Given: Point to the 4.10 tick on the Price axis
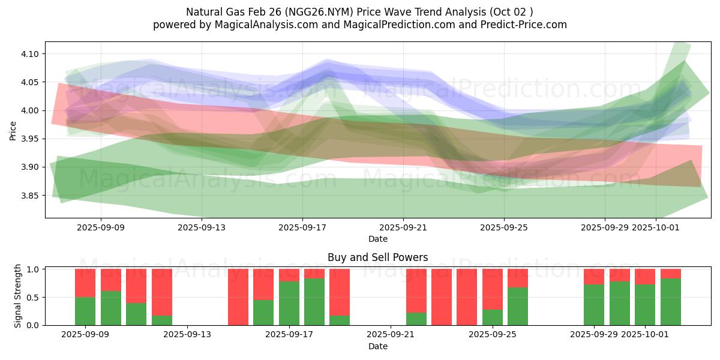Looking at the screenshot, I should pyautogui.click(x=30, y=54).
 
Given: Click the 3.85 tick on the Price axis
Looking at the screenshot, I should pyautogui.click(x=30, y=196).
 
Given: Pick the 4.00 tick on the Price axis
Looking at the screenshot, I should pyautogui.click(x=30, y=110).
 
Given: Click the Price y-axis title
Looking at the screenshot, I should pyautogui.click(x=13, y=130).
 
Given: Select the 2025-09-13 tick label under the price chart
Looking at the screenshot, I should pyautogui.click(x=202, y=227).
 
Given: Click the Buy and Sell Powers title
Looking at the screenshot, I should pyautogui.click(x=377, y=257).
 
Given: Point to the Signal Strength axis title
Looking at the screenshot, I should pyautogui.click(x=18, y=296).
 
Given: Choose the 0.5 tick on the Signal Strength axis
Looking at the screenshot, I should pyautogui.click(x=34, y=297).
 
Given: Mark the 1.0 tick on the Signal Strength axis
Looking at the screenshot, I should pyautogui.click(x=34, y=269).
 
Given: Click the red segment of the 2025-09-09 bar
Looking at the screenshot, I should pyautogui.click(x=85, y=283).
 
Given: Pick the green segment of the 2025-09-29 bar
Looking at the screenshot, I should pyautogui.click(x=594, y=305).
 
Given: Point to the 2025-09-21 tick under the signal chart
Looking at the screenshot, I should pyautogui.click(x=391, y=334).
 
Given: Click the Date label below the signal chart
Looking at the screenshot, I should pyautogui.click(x=377, y=346).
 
